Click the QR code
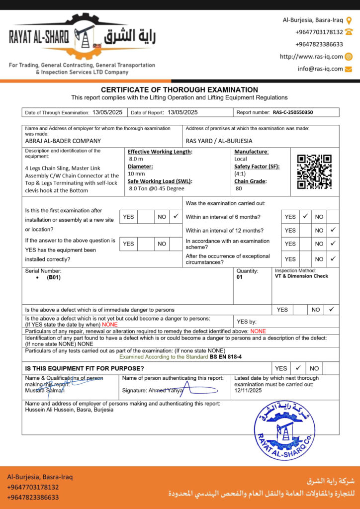[314, 171]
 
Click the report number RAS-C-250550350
[293, 112]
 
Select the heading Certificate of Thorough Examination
[180, 89]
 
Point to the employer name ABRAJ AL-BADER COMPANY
[63, 141]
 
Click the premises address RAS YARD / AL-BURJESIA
[219, 141]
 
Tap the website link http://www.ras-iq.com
[311, 57]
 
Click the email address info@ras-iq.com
[320, 69]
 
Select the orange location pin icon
[349, 20]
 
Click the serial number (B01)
[54, 278]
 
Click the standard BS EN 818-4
[225, 357]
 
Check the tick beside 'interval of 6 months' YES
[305, 217]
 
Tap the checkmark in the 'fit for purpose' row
[298, 368]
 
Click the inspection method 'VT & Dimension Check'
[301, 276]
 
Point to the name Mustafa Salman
[45, 391]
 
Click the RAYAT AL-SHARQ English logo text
[39, 36]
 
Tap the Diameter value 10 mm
[136, 173]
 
